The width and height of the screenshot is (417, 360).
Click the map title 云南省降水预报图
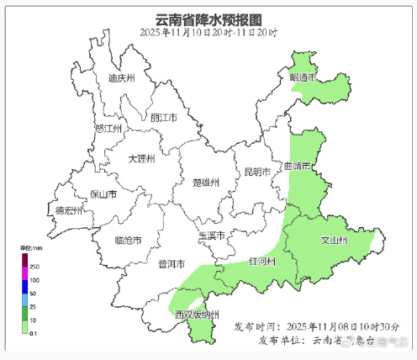pyautogui.click(x=208, y=19)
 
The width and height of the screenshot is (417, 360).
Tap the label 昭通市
pyautogui.click(x=303, y=77)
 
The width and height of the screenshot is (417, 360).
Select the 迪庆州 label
pyautogui.click(x=122, y=78)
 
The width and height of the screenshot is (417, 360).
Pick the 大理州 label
pyautogui.click(x=141, y=158)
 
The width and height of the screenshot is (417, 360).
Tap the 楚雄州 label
pyautogui.click(x=206, y=182)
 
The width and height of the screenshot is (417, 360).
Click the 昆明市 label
pyautogui.click(x=256, y=172)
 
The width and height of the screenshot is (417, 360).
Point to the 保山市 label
pyautogui.click(x=103, y=194)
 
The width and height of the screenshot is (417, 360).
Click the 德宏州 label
pyautogui.click(x=70, y=210)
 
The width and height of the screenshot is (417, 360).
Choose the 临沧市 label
pyautogui.click(x=128, y=241)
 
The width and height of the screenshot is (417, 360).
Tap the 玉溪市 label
pyautogui.click(x=211, y=236)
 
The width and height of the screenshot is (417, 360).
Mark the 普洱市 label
pyautogui.click(x=171, y=264)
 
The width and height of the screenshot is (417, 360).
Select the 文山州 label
pyautogui.click(x=334, y=241)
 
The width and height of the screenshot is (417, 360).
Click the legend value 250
pyautogui.click(x=34, y=267)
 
